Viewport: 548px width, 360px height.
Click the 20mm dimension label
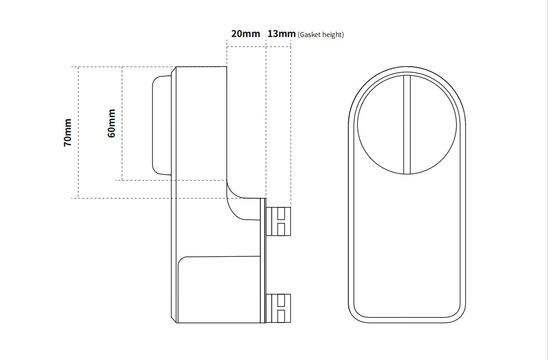click(x=246, y=34)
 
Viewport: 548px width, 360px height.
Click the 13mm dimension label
click(x=282, y=34)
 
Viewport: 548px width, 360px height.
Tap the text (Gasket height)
click(x=321, y=35)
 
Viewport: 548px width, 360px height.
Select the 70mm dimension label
click(x=68, y=132)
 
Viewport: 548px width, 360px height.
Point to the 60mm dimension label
click(x=111, y=123)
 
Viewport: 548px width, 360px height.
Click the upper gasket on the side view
click(x=278, y=222)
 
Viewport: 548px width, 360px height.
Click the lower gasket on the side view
click(x=278, y=308)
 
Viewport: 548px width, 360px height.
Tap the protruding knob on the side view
click(x=162, y=125)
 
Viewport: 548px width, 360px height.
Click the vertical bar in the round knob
click(x=407, y=124)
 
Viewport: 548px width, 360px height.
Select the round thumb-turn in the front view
click(x=407, y=124)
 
